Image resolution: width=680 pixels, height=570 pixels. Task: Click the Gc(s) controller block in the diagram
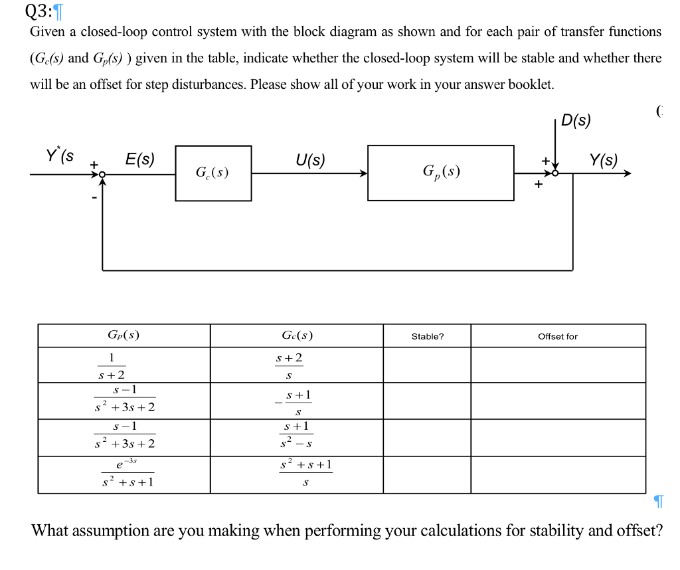click(212, 173)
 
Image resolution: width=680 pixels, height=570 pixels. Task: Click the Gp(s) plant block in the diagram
click(440, 173)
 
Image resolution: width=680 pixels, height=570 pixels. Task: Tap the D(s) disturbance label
click(575, 120)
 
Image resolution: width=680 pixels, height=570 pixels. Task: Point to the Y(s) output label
click(603, 159)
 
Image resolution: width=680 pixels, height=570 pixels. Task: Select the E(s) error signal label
click(139, 159)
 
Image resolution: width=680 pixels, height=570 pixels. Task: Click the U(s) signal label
click(310, 159)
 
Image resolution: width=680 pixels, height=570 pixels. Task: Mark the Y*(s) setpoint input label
click(60, 156)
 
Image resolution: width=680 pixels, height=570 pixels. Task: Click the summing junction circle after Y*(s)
click(102, 174)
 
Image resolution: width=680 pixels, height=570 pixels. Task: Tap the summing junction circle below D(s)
click(556, 173)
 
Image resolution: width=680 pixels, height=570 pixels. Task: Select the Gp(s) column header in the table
click(124, 335)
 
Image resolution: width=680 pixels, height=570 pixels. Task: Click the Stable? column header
click(427, 336)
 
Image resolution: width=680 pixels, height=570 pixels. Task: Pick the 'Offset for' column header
click(557, 336)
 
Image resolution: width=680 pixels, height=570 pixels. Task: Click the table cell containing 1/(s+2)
click(124, 365)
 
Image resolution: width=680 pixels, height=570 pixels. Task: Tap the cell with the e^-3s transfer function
click(124, 474)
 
